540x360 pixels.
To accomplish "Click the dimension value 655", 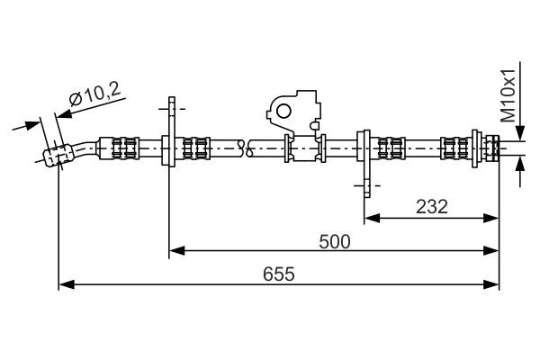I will click(x=278, y=273).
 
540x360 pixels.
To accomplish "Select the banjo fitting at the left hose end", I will click(x=57, y=156).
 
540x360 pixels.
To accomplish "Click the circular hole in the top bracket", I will click(x=282, y=111).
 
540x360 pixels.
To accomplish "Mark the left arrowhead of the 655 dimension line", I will click(x=64, y=284).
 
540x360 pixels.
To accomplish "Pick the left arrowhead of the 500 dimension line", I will click(x=176, y=250).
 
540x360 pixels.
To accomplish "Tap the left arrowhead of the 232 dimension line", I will click(x=371, y=217).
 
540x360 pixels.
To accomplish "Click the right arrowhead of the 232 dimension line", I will click(x=492, y=217).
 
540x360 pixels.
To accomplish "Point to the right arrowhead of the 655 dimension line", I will click(x=492, y=284).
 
